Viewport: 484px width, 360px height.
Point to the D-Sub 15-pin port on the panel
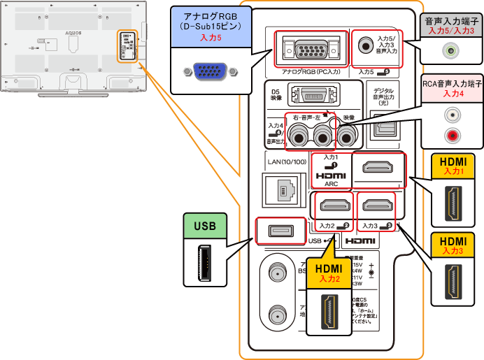click(309, 49)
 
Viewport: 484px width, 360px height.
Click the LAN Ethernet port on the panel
click(284, 188)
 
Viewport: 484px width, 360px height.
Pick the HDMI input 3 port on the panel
click(376, 206)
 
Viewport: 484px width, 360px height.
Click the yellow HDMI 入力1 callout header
click(454, 165)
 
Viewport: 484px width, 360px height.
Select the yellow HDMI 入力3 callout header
click(454, 244)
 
